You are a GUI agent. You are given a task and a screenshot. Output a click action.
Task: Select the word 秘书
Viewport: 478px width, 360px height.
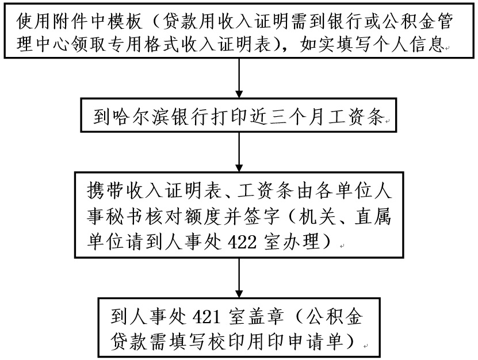point(123,217)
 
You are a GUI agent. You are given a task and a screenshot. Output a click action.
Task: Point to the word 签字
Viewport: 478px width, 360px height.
point(269,217)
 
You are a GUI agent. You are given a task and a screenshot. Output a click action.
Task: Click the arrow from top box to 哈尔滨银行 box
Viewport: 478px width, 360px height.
point(239,80)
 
